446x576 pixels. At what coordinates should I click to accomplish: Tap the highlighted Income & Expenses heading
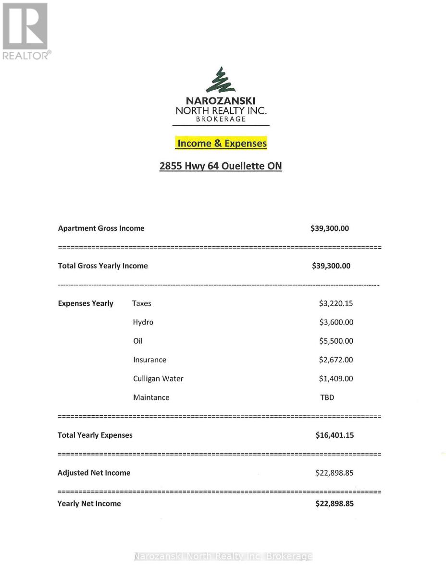point(222,143)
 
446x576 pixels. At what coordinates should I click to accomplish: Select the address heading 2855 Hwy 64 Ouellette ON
point(221,166)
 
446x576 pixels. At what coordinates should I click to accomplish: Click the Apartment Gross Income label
point(101,228)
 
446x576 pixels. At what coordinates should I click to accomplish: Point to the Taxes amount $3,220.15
point(336,303)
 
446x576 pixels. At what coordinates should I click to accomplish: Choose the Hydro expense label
point(143,322)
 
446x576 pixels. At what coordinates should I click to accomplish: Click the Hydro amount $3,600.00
point(336,322)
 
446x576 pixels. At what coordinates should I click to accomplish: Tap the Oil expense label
point(138,341)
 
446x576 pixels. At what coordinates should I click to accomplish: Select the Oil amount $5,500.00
point(336,341)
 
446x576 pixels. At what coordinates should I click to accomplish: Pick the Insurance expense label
point(149,360)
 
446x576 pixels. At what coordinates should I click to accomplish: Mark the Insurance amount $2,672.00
point(336,360)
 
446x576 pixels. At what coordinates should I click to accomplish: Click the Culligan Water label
point(158,378)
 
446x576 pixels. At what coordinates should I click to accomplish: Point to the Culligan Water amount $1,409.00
point(336,378)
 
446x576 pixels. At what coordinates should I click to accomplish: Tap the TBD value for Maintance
point(327,397)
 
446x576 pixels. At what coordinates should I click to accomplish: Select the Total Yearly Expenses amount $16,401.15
point(334,435)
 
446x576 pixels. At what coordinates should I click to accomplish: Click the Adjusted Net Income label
point(94,473)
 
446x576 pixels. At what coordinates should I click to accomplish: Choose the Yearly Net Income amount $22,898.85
point(334,504)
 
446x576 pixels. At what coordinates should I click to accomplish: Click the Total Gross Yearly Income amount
point(331,266)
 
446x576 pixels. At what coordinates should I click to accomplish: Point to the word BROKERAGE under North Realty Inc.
point(221,119)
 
